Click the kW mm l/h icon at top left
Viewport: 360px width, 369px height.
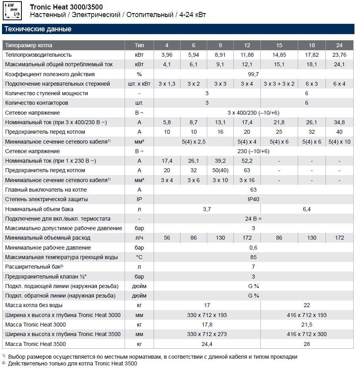point(12,11)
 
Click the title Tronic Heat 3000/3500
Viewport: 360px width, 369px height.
point(66,7)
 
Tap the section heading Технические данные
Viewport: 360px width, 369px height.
point(38,29)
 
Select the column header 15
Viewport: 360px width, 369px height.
point(279,45)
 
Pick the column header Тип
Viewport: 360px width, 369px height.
point(139,45)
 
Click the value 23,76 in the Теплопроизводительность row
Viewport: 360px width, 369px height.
point(339,55)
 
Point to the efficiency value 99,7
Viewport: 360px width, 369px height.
point(253,74)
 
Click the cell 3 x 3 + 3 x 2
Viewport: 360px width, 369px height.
point(279,84)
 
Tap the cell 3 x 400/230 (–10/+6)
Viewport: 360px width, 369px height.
point(253,113)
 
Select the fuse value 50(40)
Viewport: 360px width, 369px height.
point(220,170)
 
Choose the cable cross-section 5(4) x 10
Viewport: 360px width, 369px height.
point(339,142)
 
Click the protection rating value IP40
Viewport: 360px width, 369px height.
point(253,199)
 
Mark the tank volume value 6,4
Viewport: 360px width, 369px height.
point(306,209)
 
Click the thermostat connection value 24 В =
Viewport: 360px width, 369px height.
point(253,219)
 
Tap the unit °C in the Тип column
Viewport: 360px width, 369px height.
point(139,257)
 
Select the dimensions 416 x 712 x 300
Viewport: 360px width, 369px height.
point(306,334)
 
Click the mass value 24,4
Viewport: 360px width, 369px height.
point(207,344)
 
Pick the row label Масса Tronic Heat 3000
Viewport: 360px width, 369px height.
point(35,325)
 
